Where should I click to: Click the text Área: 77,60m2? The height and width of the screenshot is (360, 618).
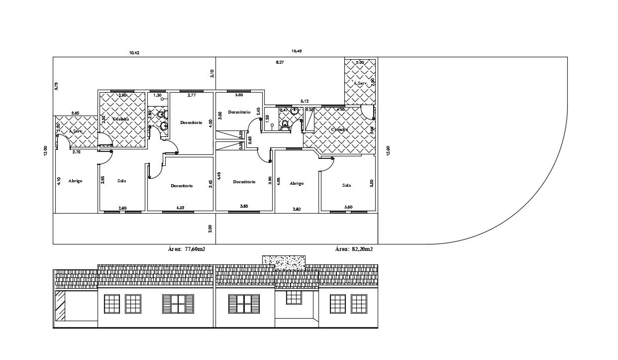pos(187,249)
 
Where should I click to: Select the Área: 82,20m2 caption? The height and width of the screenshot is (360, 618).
pos(354,249)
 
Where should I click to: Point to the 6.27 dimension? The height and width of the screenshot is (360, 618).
pos(280,62)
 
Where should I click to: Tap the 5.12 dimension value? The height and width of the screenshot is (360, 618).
pos(305,101)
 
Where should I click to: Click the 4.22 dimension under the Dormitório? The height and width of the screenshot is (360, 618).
pos(181,208)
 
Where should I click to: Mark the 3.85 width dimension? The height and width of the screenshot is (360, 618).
pos(244,206)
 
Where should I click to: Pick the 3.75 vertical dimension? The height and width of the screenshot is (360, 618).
pos(57,86)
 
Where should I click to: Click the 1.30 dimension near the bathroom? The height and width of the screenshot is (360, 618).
pos(157,95)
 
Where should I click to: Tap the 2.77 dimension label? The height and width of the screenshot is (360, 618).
pos(191,95)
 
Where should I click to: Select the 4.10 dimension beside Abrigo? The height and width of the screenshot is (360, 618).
pos(59,181)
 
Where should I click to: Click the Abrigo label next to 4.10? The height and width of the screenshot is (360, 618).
pos(75,181)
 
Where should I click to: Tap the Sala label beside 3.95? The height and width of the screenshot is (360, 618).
pos(121,181)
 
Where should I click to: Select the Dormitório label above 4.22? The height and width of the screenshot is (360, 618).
pos(182,186)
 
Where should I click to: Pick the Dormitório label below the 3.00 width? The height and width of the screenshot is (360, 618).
pos(239,112)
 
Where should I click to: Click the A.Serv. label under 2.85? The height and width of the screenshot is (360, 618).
pos(76,131)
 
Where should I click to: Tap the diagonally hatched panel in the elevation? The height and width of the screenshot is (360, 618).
pos(60,305)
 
